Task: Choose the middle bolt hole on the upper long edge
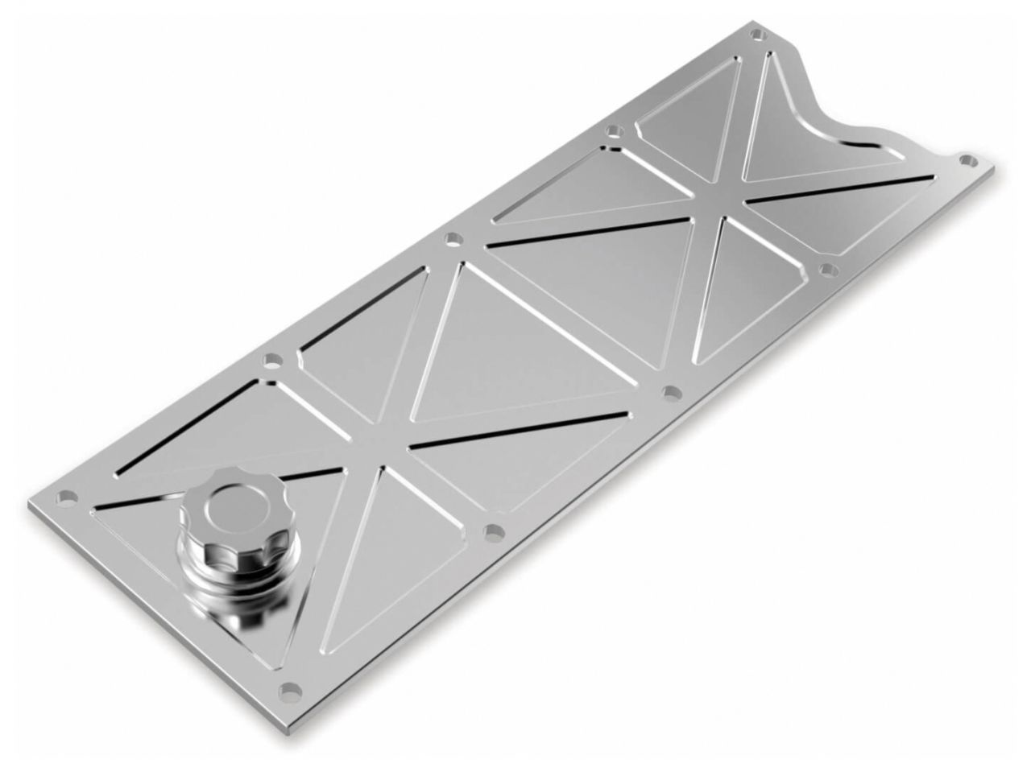pos(453,237)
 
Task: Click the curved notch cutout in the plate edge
pos(846,105)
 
